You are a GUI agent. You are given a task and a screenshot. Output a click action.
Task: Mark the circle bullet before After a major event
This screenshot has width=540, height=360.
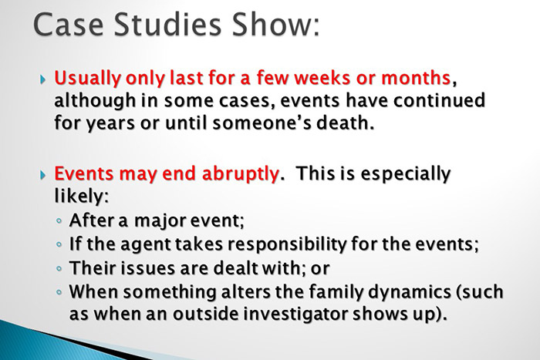pyautogui.click(x=60, y=222)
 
